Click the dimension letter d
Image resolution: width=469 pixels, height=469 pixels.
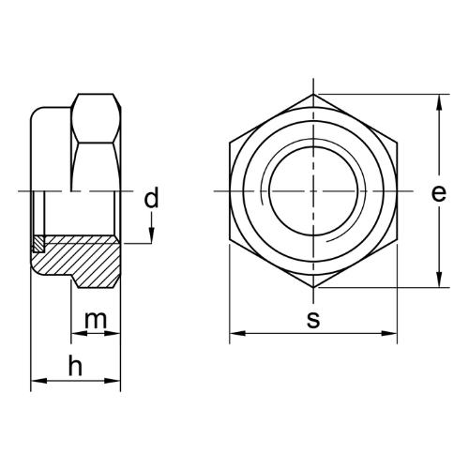tap(151, 198)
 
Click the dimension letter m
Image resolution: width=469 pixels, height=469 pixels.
tap(96, 320)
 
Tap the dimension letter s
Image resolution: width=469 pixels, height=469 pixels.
tap(313, 320)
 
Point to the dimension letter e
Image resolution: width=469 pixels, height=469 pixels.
tap(439, 193)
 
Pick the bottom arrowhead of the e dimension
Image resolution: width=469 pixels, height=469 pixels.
tap(439, 280)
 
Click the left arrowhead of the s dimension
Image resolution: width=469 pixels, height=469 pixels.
tap(237, 334)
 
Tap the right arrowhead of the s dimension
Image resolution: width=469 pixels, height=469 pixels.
tap(389, 334)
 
